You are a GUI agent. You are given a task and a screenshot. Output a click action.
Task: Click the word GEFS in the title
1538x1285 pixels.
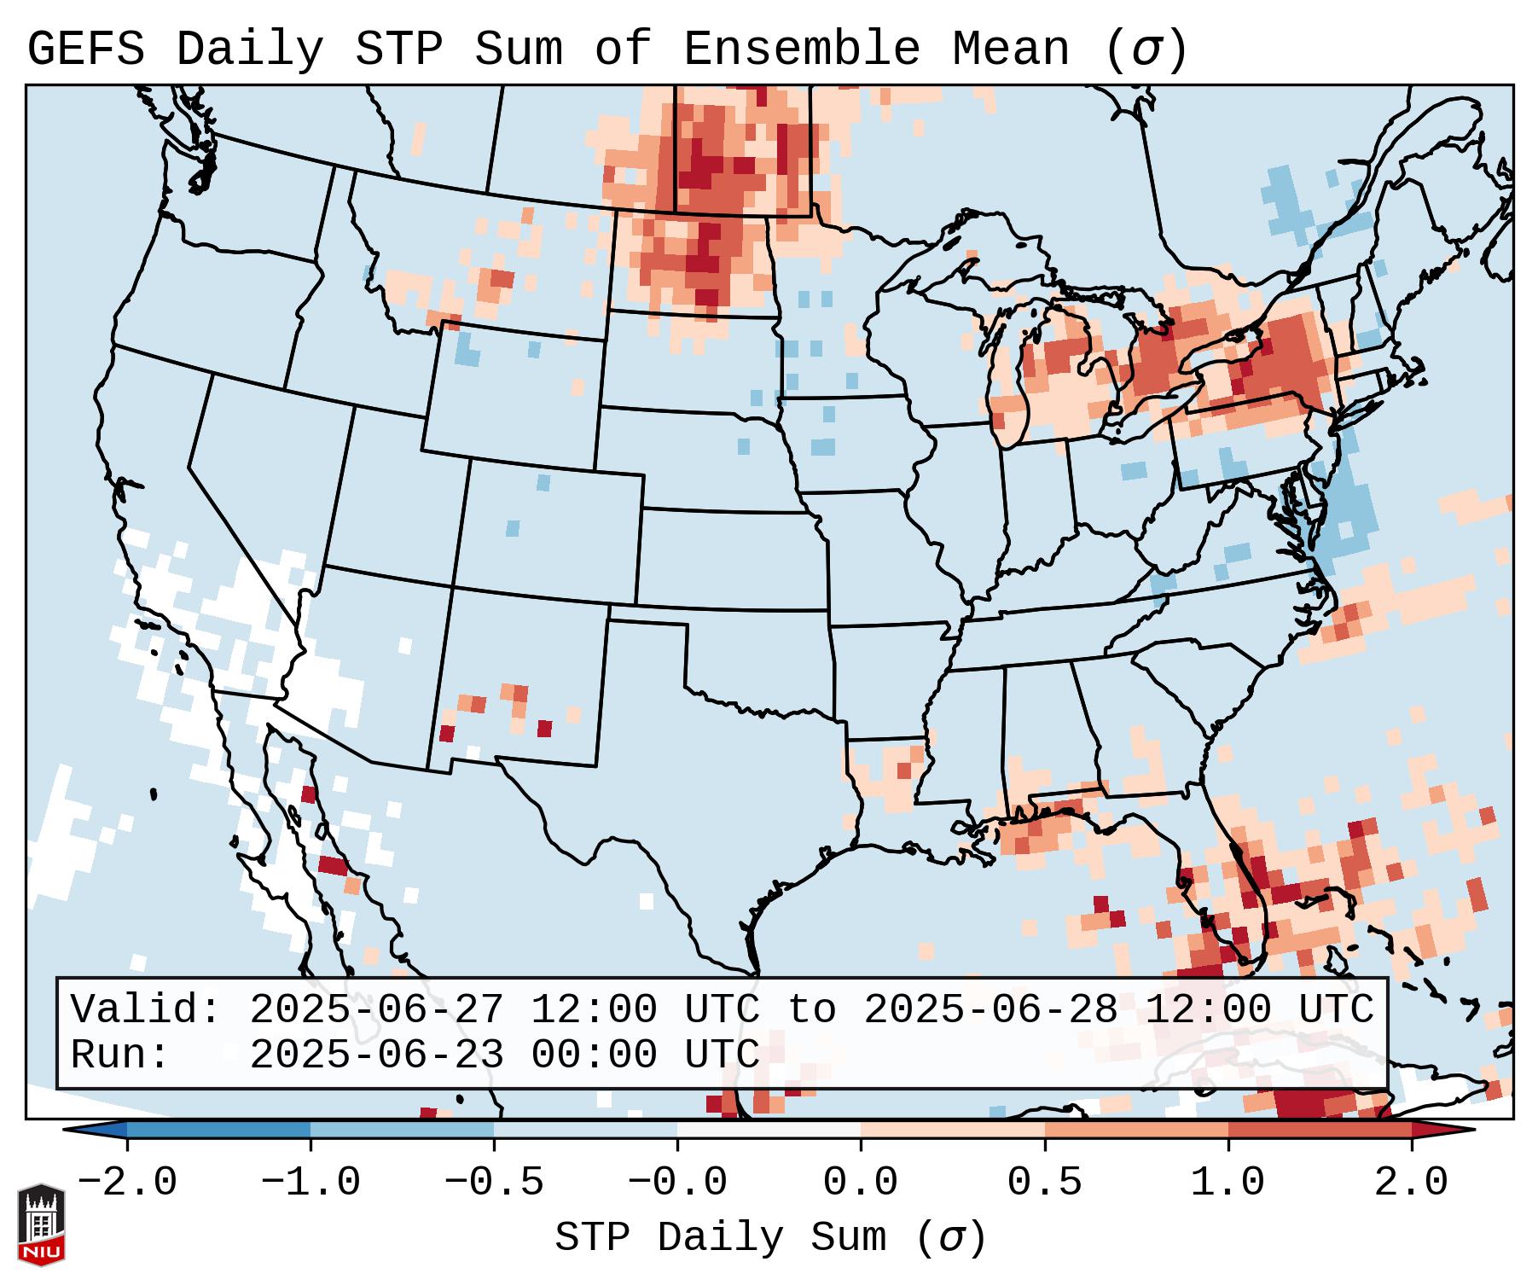[x=85, y=49]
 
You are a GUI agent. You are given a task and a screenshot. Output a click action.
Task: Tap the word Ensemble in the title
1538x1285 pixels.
[x=802, y=49]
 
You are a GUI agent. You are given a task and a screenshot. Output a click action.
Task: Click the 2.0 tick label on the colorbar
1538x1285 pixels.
[x=1412, y=1183]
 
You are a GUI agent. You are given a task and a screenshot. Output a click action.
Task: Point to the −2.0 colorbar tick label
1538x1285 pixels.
[x=127, y=1183]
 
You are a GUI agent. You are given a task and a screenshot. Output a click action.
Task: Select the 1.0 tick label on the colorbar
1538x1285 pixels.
[x=1228, y=1183]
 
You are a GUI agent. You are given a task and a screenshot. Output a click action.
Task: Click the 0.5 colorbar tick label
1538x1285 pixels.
[x=1045, y=1183]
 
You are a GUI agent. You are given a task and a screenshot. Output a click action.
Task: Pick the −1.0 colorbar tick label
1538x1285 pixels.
[x=311, y=1183]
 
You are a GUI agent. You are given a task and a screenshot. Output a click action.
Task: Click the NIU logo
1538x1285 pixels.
[x=41, y=1225]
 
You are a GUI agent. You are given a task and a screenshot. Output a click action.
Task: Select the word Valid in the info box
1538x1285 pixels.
[x=145, y=1009]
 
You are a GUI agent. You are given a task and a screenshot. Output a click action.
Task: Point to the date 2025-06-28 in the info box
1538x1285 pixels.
[x=990, y=1009]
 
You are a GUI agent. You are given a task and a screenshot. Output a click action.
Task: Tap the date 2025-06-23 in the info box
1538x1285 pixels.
[x=376, y=1055]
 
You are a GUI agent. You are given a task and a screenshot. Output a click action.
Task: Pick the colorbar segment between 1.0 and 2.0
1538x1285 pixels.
[x=1320, y=1130]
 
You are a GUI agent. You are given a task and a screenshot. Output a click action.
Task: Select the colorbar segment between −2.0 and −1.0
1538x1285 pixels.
[x=218, y=1130]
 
